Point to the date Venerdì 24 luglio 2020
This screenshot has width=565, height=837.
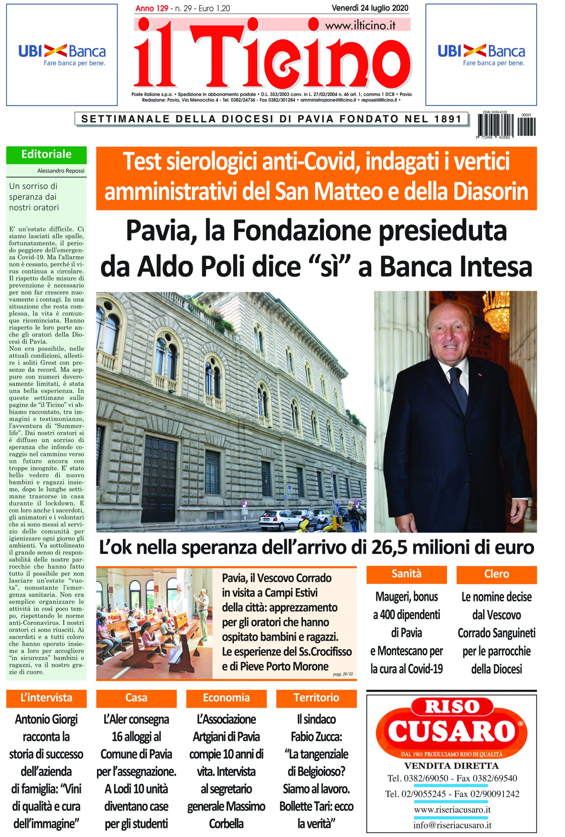[370, 8]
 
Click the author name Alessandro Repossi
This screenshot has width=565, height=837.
[60, 171]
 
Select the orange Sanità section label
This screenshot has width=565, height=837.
[406, 574]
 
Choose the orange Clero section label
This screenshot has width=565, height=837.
[496, 574]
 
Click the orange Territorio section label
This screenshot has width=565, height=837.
[316, 698]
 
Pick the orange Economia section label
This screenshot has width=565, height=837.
[226, 698]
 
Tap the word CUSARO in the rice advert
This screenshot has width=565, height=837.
[451, 730]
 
